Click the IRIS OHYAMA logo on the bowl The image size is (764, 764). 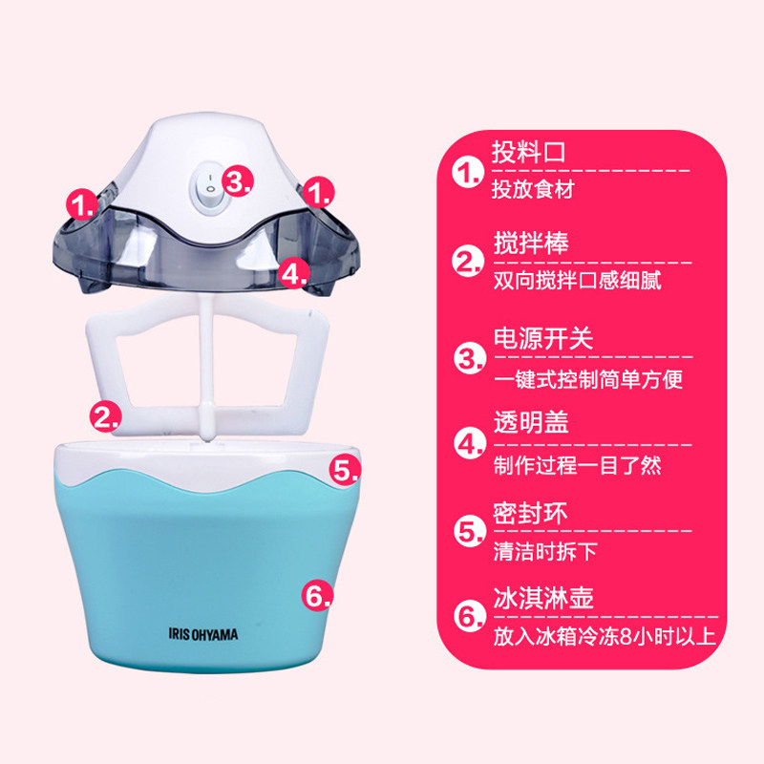pyautogui.click(x=203, y=634)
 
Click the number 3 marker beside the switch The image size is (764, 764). pyautogui.click(x=238, y=180)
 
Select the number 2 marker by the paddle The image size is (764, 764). pyautogui.click(x=105, y=416)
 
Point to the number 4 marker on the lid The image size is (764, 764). pyautogui.click(x=295, y=273)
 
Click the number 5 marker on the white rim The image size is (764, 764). pyautogui.click(x=345, y=470)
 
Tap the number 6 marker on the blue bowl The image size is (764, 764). pyautogui.click(x=317, y=594)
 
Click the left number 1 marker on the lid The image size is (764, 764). pyautogui.click(x=82, y=204)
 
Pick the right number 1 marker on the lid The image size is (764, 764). pyautogui.click(x=318, y=192)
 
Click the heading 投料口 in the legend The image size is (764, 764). pyautogui.click(x=528, y=152)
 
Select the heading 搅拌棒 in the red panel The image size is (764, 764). pyautogui.click(x=531, y=243)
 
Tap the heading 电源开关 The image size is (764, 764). pyautogui.click(x=543, y=338)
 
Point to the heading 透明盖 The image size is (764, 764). pyautogui.click(x=531, y=422)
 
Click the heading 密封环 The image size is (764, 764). pyautogui.click(x=531, y=513)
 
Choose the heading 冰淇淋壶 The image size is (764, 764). pyautogui.click(x=543, y=598)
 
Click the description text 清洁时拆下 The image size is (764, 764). pyautogui.click(x=545, y=552)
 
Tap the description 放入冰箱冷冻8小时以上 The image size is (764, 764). pyautogui.click(x=605, y=636)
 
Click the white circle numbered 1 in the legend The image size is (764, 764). pyautogui.click(x=468, y=173)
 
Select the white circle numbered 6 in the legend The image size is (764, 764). pyautogui.click(x=470, y=616)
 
